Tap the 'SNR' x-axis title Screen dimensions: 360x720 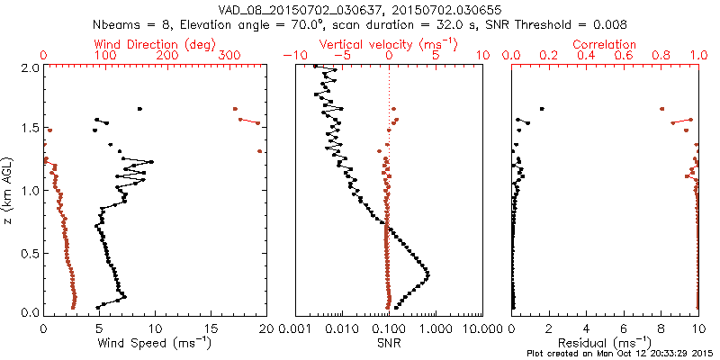(x=389, y=343)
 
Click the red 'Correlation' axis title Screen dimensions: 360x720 (x=605, y=44)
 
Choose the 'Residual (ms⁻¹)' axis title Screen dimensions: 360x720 (x=605, y=343)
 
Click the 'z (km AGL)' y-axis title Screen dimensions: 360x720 (x=8, y=190)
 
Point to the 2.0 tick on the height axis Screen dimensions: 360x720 (x=29, y=67)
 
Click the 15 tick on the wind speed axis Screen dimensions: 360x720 (x=210, y=329)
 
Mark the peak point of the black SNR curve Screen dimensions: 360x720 (x=427, y=274)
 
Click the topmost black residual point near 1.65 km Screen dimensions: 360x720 (x=542, y=109)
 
